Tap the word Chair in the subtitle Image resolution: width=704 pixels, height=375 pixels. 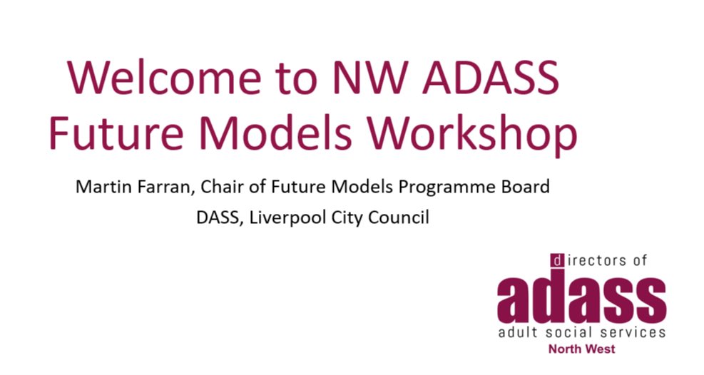221,187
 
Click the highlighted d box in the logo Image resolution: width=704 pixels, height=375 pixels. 556,261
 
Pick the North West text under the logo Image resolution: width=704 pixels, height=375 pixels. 581,349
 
